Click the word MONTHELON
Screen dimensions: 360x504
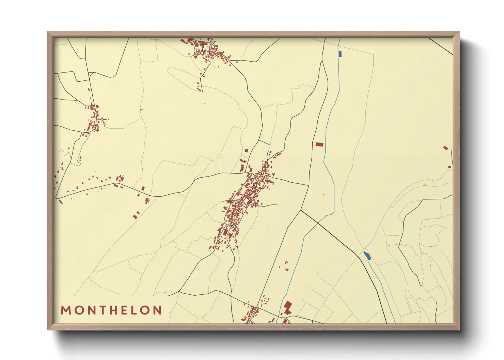pos(111,310)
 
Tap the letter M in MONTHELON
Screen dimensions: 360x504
pos(65,310)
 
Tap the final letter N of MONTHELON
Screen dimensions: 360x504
pos(157,310)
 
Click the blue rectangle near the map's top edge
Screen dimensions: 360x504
pos(340,54)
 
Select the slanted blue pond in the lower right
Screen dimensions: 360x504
pos(367,256)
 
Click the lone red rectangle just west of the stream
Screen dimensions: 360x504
pos(319,144)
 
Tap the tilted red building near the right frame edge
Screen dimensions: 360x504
pos(445,148)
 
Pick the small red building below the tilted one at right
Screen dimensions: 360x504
pos(450,167)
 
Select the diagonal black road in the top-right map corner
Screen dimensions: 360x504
pos(441,46)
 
